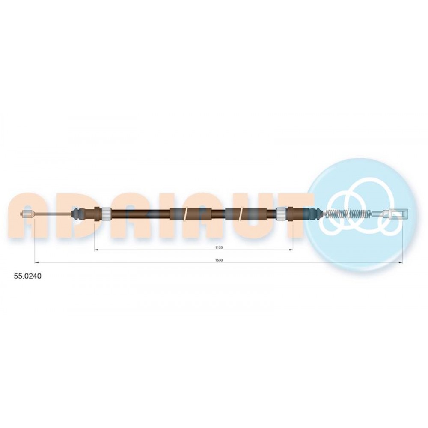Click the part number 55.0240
pyautogui.click(x=27, y=276)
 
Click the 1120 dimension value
pyautogui.click(x=219, y=247)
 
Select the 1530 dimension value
pyautogui.click(x=219, y=260)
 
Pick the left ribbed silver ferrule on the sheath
pyautogui.click(x=106, y=214)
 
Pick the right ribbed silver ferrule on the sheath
pyautogui.click(x=281, y=214)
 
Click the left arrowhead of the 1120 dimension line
pyautogui.click(x=96, y=250)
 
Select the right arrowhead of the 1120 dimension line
pyautogui.click(x=291, y=250)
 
